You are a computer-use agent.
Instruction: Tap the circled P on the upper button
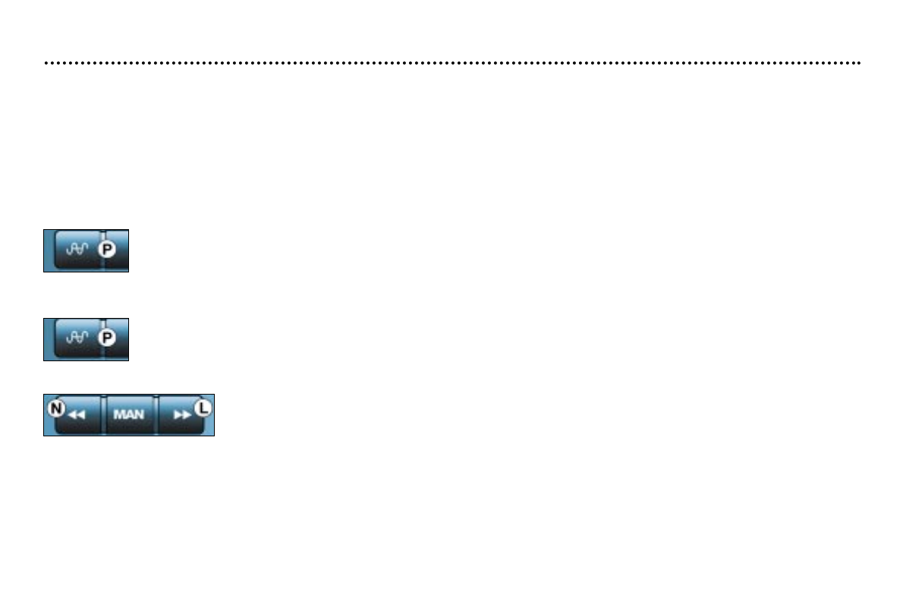(x=108, y=249)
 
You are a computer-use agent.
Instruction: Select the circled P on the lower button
(x=108, y=338)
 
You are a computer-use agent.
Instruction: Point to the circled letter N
(x=55, y=408)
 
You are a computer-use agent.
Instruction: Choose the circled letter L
(x=203, y=408)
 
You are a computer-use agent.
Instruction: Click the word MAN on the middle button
(x=129, y=415)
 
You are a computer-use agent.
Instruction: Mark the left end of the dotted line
(x=46, y=63)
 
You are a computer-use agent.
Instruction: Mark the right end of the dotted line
(x=859, y=63)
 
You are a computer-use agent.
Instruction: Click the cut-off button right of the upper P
(x=118, y=250)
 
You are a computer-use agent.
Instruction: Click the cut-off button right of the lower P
(x=118, y=339)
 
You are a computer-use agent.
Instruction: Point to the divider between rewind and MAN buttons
(x=104, y=414)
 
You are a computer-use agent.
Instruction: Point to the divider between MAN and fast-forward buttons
(x=156, y=414)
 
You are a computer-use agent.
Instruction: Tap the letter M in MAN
(x=118, y=415)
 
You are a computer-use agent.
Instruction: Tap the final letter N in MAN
(x=139, y=415)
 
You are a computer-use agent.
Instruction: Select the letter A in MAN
(x=129, y=415)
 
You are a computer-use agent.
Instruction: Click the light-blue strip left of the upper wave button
(x=49, y=250)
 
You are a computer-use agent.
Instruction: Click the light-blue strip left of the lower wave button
(x=49, y=339)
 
